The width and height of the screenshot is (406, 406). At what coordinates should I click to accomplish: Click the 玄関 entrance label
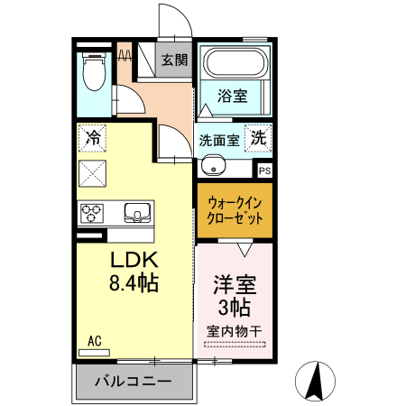tap(174, 61)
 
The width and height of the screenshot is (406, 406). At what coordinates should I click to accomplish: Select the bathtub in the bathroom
tap(234, 63)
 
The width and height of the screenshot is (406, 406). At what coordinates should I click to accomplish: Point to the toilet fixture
tap(94, 69)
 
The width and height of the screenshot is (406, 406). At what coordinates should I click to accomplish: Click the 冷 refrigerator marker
tap(93, 139)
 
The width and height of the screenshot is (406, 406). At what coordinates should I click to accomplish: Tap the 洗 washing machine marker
tap(258, 139)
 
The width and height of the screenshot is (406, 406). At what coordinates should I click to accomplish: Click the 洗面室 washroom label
tap(218, 141)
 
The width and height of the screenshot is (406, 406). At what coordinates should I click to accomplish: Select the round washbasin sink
tap(214, 165)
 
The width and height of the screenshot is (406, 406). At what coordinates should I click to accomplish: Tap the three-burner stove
tap(92, 213)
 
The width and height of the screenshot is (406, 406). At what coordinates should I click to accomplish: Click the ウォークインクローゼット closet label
tap(235, 211)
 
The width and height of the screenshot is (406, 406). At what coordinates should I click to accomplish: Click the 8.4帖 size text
tap(134, 283)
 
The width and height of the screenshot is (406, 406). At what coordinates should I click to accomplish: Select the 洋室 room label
tap(235, 285)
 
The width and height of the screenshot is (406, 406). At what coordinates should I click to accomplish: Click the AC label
tap(95, 341)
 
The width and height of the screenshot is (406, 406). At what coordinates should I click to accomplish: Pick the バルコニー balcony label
tap(134, 382)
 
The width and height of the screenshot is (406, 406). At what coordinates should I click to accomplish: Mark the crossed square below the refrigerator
tap(93, 171)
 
